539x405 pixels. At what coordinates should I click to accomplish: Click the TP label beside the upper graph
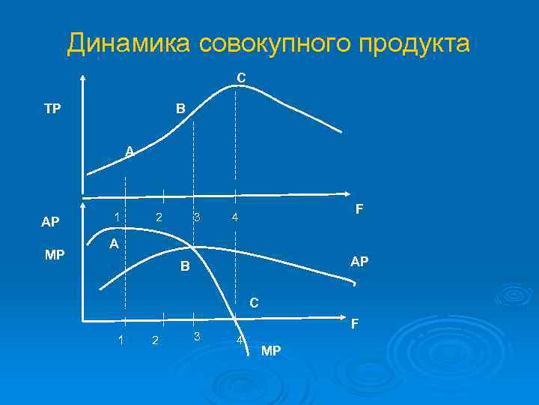point(52,109)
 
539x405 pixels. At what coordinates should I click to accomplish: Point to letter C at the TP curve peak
point(241,77)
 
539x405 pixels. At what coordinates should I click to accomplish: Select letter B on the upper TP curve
point(180,109)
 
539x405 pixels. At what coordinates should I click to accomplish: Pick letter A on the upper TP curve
point(130,151)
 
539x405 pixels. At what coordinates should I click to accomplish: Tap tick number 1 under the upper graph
point(117,217)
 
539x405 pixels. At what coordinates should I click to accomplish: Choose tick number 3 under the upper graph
point(196,217)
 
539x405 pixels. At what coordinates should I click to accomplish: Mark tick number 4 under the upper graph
point(234,218)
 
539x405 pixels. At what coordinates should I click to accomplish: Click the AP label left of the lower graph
point(50,223)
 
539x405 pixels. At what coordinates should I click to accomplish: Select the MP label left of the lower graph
point(55,255)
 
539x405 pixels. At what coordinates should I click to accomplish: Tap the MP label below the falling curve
point(271,350)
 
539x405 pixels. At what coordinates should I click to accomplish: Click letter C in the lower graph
point(255,304)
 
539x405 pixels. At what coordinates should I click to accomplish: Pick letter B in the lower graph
point(185,267)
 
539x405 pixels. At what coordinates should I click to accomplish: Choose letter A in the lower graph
point(113,244)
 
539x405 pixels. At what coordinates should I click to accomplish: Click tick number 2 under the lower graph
point(155,341)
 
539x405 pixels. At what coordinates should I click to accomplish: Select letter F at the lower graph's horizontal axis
point(356,324)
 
